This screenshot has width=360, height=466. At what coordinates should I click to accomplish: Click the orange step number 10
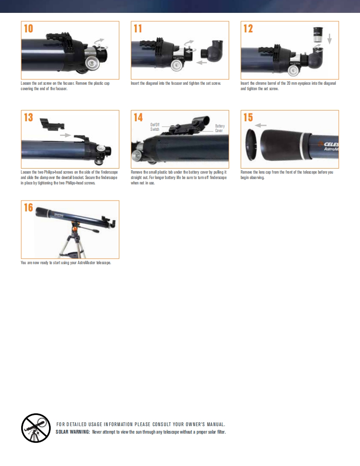[x=29, y=29]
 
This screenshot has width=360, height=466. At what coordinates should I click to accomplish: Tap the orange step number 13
[x=29, y=118]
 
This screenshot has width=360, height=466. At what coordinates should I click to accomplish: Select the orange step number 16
[x=29, y=207]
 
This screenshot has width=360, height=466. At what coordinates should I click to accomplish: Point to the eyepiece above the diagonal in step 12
[x=318, y=34]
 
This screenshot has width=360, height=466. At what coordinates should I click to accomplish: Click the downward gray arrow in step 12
[x=329, y=39]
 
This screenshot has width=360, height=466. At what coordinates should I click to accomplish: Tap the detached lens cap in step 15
[x=250, y=145]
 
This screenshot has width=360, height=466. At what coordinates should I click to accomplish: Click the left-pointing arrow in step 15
[x=261, y=125]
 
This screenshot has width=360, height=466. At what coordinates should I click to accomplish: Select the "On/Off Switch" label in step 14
[x=155, y=127]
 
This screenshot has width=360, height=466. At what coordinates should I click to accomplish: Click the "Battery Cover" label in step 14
[x=220, y=128]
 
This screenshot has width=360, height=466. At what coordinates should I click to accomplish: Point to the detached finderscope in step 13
[x=52, y=124]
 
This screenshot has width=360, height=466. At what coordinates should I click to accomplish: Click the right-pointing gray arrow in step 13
[x=65, y=135]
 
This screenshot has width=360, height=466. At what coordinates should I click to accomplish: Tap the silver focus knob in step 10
[x=92, y=63]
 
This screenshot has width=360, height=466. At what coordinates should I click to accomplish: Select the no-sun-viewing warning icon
[x=36, y=428]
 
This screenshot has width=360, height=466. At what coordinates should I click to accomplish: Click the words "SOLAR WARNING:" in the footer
[x=73, y=432]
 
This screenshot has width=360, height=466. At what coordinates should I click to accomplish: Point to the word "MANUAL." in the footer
[x=216, y=424]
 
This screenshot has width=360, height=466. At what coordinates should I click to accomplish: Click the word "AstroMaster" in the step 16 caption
[x=86, y=263]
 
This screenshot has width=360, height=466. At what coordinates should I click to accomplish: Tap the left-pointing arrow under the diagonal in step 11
[x=202, y=62]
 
